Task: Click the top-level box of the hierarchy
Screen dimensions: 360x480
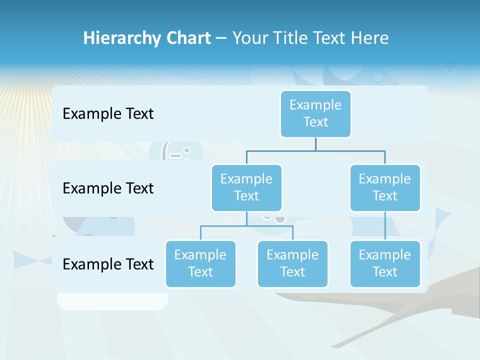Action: pos(315,113)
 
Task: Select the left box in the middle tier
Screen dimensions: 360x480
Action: pos(246,187)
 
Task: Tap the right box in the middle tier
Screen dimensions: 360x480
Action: pos(385,187)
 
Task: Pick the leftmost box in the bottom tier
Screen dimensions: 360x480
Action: pos(200,263)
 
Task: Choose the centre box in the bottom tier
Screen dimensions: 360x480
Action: pos(292,263)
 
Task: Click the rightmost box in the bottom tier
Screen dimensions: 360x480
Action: pos(385,263)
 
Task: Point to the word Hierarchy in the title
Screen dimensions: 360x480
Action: pos(121,38)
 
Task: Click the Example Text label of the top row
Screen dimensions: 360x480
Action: pos(108,114)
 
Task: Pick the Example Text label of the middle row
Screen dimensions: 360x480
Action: pos(108,188)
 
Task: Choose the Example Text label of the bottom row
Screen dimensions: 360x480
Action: pos(108,264)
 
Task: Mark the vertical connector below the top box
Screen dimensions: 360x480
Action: pos(315,144)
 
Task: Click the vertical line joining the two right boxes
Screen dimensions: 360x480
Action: pos(385,226)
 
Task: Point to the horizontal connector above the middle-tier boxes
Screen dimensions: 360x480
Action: pos(315,150)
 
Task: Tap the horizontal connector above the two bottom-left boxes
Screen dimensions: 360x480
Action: pos(246,226)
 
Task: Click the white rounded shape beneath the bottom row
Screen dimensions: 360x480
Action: pos(112,301)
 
